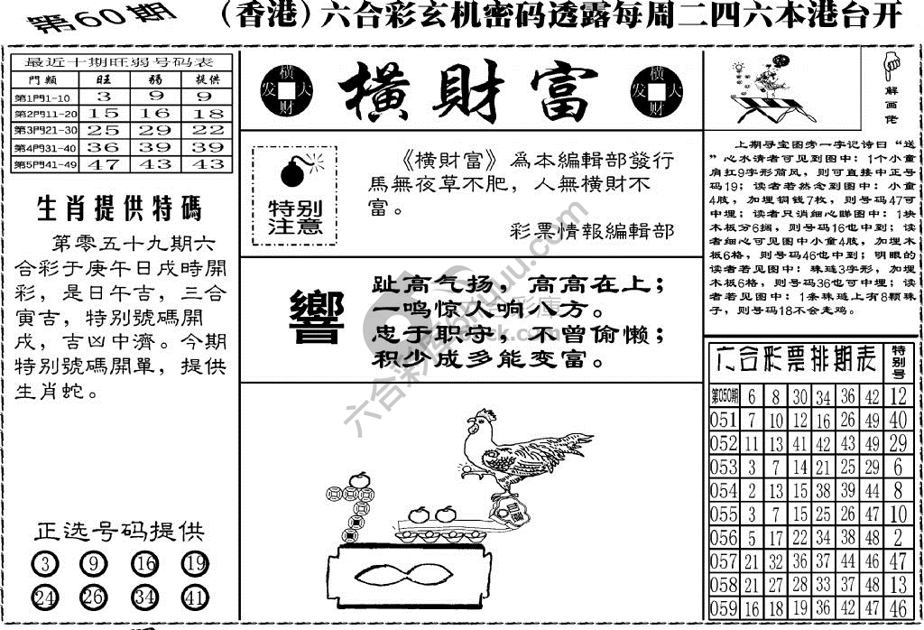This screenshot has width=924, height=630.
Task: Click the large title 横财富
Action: coord(467,93)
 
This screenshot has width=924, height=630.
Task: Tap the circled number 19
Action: coord(193,565)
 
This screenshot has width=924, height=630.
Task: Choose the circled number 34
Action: coord(144,597)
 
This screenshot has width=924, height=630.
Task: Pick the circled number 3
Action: coord(46,565)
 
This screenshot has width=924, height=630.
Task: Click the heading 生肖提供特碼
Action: coord(119,209)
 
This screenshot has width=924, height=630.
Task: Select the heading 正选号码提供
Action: coord(119,531)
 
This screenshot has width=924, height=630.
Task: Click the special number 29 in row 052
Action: coord(897,443)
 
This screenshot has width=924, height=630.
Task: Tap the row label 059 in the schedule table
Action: coord(724,608)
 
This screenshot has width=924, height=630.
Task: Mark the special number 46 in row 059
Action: coord(897,608)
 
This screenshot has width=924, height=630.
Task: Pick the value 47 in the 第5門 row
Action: coord(106,164)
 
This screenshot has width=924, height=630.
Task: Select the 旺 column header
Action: coord(106,79)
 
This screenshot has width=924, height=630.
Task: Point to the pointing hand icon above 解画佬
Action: coord(893,64)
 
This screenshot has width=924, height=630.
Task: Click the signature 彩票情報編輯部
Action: coord(591,230)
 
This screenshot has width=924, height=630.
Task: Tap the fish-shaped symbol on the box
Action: coord(402,572)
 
